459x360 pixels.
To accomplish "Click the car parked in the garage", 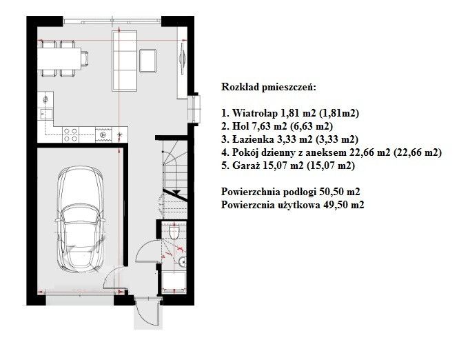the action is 80,220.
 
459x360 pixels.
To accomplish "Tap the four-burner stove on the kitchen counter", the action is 70,134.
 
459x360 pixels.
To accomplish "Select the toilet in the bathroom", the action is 174,232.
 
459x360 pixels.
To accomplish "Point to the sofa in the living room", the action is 125,61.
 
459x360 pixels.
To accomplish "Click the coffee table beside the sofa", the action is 147,61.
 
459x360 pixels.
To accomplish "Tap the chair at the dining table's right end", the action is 85,59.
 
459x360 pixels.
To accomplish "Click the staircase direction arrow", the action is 176,192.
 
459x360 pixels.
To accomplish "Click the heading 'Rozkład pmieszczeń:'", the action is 269,88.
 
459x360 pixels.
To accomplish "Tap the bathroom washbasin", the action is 183,261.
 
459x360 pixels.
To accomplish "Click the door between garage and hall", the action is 115,278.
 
